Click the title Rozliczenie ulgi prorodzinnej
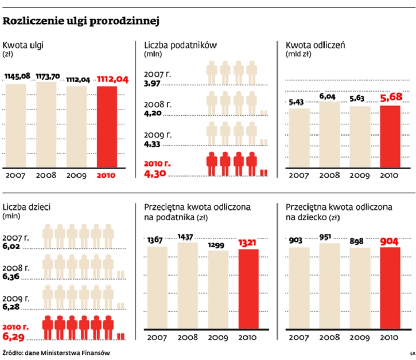(x=80, y=22)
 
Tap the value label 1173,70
(x=48, y=77)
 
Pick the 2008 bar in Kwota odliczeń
(x=330, y=134)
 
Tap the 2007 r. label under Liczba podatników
(x=157, y=74)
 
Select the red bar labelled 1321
(x=249, y=293)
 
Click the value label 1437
(x=187, y=236)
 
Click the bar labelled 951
(x=330, y=290)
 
